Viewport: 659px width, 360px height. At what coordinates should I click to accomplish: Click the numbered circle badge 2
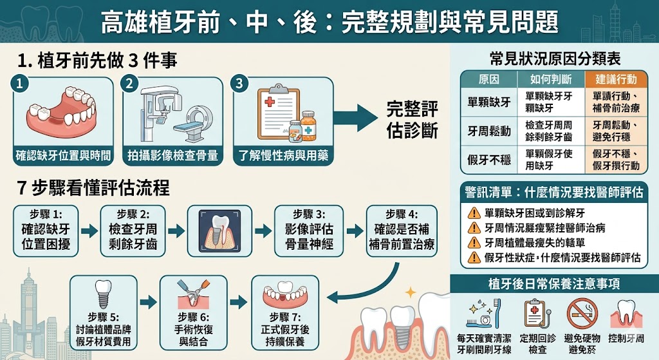(x=129, y=83)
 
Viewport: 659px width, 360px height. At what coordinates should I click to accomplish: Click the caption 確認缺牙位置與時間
(x=64, y=156)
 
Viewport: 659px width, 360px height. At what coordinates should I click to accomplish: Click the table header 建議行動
(x=616, y=79)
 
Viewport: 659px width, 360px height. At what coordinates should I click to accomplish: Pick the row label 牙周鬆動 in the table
(x=489, y=131)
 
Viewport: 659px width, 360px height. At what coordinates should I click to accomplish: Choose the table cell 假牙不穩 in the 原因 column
(x=489, y=160)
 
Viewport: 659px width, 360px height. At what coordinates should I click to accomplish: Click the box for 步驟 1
(x=46, y=231)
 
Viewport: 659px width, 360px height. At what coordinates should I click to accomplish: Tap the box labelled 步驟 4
(x=402, y=231)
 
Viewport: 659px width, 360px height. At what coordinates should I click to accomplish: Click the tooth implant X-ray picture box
(x=219, y=231)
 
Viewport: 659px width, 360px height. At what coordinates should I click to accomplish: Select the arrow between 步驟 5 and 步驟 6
(x=149, y=301)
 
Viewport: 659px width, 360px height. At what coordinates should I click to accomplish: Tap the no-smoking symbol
(x=582, y=314)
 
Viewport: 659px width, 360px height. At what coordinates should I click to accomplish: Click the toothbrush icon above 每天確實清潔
(x=497, y=313)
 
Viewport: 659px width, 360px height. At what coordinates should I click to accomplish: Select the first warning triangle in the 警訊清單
(x=474, y=213)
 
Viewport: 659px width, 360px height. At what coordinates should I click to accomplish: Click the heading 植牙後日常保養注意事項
(x=554, y=284)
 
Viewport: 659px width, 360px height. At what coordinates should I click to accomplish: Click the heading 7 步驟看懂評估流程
(x=93, y=187)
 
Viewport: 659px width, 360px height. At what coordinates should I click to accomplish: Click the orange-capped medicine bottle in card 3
(x=308, y=126)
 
